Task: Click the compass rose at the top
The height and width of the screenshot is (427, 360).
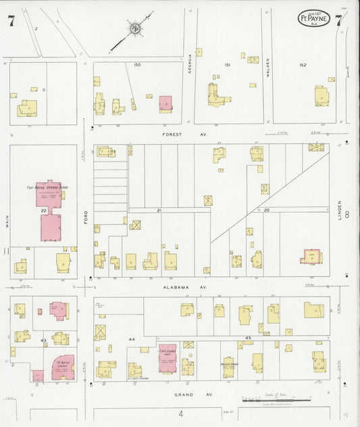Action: (134, 28)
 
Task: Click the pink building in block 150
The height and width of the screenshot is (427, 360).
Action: (165, 104)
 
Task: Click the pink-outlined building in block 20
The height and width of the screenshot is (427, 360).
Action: (311, 256)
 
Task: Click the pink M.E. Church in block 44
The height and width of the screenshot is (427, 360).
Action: (166, 358)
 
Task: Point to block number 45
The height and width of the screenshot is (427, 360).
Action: (248, 337)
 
